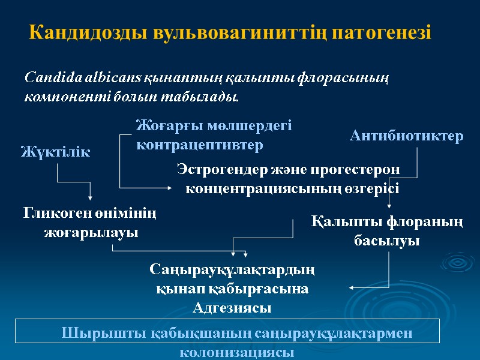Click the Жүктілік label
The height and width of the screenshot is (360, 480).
(55, 152)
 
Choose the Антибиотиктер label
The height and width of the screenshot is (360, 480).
(406, 137)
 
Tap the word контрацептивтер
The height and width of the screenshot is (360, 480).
(200, 145)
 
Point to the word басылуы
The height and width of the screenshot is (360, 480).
(387, 241)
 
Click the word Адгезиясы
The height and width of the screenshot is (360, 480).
(232, 308)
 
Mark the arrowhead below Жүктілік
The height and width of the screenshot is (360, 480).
(91, 199)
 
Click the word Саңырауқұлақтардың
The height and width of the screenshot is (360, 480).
(232, 270)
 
